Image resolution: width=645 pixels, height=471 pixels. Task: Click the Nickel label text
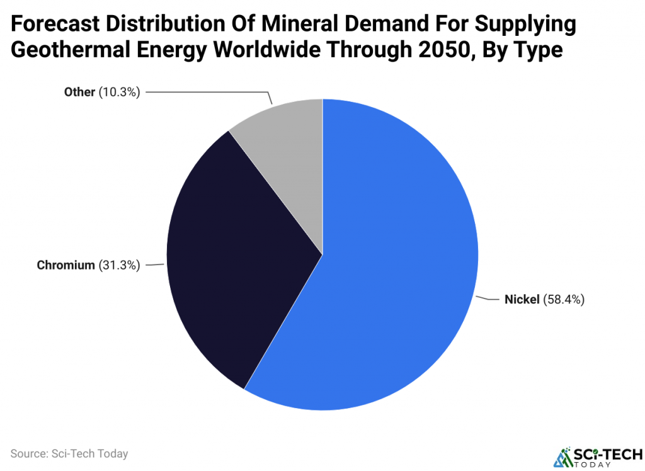click(x=522, y=300)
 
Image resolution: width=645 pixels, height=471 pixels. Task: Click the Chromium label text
click(x=66, y=265)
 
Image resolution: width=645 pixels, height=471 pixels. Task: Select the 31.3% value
click(x=119, y=265)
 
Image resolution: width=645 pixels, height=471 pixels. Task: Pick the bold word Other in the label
click(x=79, y=92)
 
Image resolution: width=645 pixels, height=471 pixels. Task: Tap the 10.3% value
click(x=119, y=92)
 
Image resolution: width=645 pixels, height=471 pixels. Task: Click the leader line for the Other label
click(x=208, y=92)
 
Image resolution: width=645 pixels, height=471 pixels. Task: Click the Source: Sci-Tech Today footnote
click(x=69, y=453)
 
